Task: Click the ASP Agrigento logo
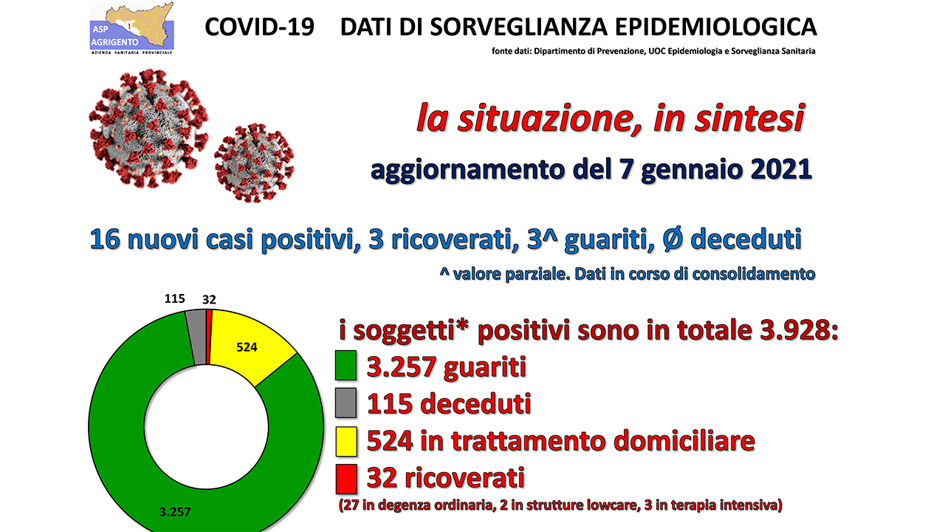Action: click(x=131, y=28)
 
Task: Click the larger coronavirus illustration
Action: click(x=148, y=129)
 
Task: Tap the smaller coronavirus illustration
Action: click(x=254, y=163)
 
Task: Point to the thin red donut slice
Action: click(x=209, y=336)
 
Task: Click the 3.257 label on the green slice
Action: click(x=175, y=512)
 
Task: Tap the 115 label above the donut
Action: click(x=175, y=299)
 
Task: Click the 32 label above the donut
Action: click(x=209, y=300)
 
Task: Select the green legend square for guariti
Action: click(x=346, y=365)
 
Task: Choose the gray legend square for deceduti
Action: click(x=346, y=403)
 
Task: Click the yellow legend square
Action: click(x=346, y=441)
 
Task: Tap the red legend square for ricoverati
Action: click(x=346, y=479)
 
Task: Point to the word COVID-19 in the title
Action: click(x=259, y=27)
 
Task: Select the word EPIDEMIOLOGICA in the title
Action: click(x=716, y=27)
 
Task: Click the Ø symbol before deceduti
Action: click(x=673, y=239)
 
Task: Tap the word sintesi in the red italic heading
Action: click(x=749, y=119)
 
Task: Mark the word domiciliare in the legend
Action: click(x=684, y=441)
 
